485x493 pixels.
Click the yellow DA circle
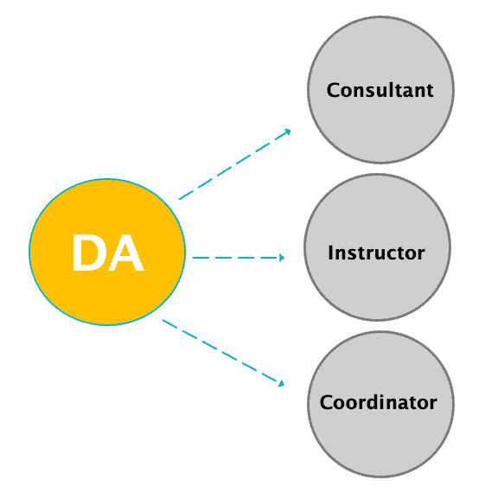(107, 252)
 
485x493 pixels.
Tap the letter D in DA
(88, 253)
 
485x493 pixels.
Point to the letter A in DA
(126, 253)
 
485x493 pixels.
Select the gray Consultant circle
(380, 90)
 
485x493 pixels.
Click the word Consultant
(380, 90)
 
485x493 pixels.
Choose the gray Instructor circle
(377, 247)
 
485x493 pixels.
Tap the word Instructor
(376, 253)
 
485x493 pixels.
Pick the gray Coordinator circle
(380, 404)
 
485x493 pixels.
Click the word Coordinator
(378, 402)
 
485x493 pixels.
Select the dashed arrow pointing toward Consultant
(235, 164)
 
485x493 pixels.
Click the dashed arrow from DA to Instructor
(239, 258)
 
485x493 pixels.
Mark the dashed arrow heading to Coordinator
(224, 353)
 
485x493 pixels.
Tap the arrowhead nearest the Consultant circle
(287, 131)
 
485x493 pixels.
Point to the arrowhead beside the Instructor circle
(282, 258)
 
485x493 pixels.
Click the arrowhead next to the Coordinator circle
(281, 383)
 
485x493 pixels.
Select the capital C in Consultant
(334, 91)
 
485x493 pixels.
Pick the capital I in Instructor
(330, 253)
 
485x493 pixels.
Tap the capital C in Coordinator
(327, 402)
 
